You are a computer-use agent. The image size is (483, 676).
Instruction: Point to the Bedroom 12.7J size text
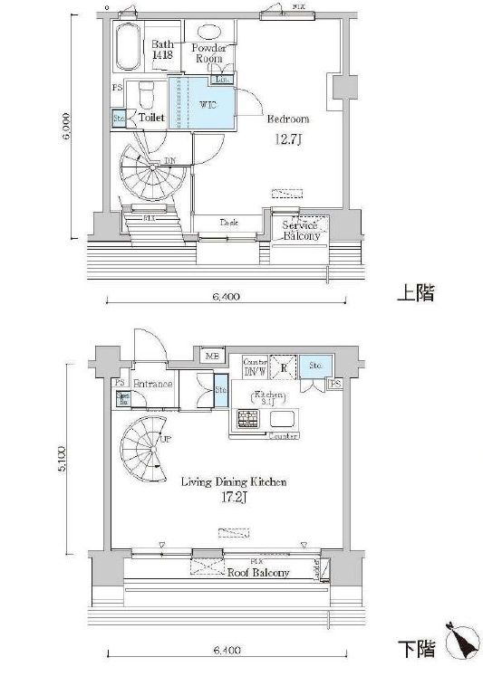(288, 139)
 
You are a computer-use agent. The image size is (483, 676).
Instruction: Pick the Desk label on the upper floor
(228, 223)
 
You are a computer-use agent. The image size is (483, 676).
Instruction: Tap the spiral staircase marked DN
(150, 174)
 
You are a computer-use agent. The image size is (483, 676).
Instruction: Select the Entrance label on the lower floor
(153, 384)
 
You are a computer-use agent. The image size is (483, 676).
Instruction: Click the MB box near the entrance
(213, 356)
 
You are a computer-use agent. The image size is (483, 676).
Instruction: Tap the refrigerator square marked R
(284, 368)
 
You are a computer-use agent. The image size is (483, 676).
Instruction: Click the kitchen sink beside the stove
(282, 419)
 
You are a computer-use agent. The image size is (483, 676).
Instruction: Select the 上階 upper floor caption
(414, 294)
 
